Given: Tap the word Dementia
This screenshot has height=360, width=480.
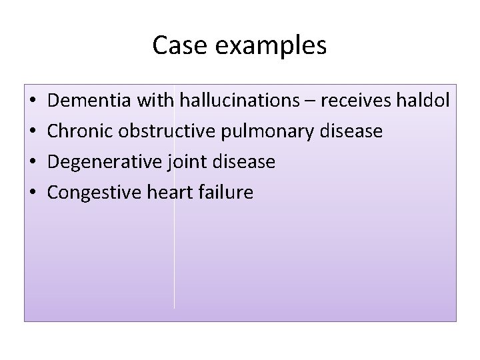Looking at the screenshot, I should click(90, 101).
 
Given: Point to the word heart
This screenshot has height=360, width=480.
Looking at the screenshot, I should click(174, 193).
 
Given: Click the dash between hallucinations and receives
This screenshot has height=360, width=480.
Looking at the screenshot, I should click(311, 102).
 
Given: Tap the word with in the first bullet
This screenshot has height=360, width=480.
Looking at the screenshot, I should click(154, 101).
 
